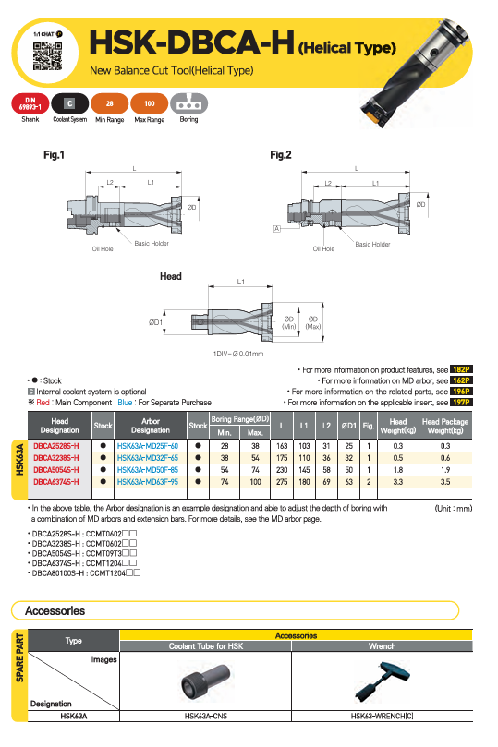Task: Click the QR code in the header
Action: pos(47,55)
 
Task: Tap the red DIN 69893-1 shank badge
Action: pos(30,103)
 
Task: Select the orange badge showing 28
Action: pos(110,103)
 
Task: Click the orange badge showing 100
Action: pos(149,103)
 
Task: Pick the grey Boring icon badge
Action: pos(188,103)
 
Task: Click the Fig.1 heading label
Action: pos(54,155)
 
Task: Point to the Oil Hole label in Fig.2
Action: pos(323,248)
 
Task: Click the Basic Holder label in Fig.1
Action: pos(152,244)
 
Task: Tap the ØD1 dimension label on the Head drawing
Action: pos(155,322)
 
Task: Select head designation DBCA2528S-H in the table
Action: pos(56,446)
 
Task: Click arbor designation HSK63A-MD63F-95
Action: pos(148,482)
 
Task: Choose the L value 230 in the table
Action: pos(282,470)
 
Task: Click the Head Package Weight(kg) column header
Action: pos(445,426)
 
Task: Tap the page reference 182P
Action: pos(461,369)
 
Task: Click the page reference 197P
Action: pos(461,402)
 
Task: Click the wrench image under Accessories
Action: pos(382,681)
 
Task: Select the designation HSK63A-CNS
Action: pos(206,716)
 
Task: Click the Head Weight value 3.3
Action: pos(398,482)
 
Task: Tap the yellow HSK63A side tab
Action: pos(19,469)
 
